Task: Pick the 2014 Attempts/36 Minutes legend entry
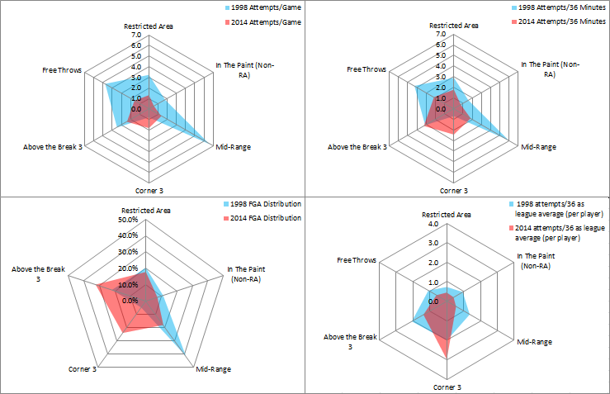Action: click(x=563, y=21)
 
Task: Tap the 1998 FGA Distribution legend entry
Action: click(x=264, y=203)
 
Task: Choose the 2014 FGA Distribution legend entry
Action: click(x=264, y=218)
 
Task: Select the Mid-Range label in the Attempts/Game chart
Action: click(x=234, y=147)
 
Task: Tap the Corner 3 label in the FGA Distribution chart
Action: click(x=83, y=368)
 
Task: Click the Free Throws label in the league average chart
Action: click(x=357, y=260)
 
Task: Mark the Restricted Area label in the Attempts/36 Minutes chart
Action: click(x=453, y=26)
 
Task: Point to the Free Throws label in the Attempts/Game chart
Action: click(x=62, y=70)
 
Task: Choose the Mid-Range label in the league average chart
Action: click(x=534, y=341)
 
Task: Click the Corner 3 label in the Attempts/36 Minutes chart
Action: click(x=453, y=191)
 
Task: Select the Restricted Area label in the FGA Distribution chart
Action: click(x=146, y=211)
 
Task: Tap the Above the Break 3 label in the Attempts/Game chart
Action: click(x=52, y=147)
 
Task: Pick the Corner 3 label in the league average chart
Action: click(x=447, y=387)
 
